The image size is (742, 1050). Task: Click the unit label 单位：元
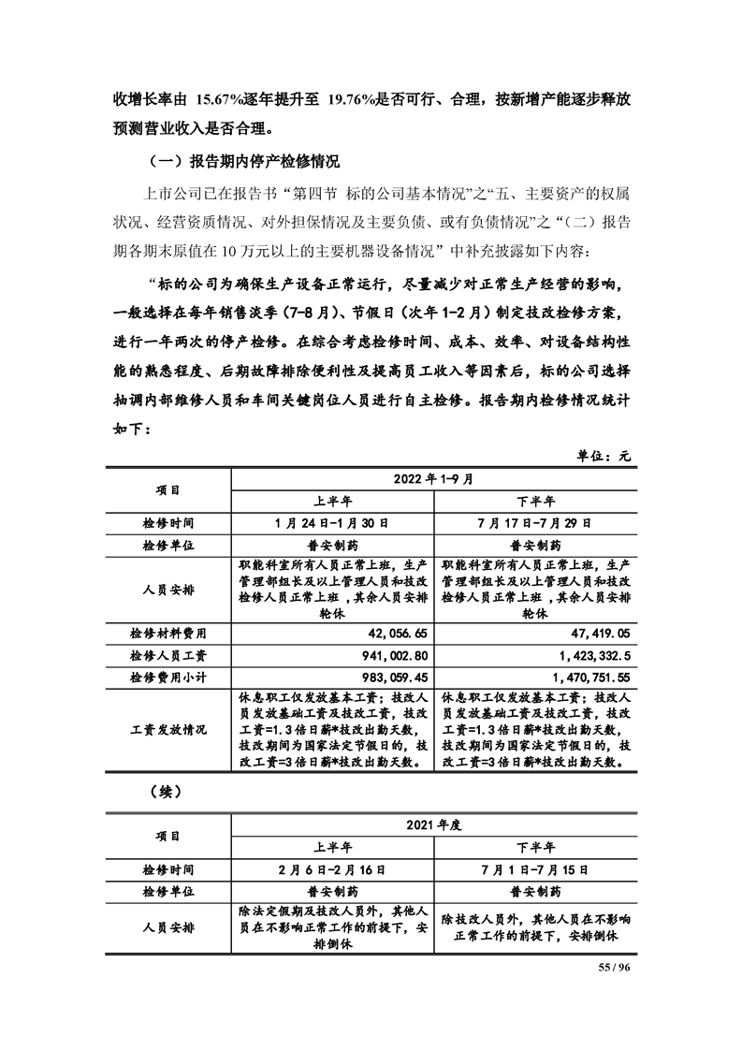click(604, 455)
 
